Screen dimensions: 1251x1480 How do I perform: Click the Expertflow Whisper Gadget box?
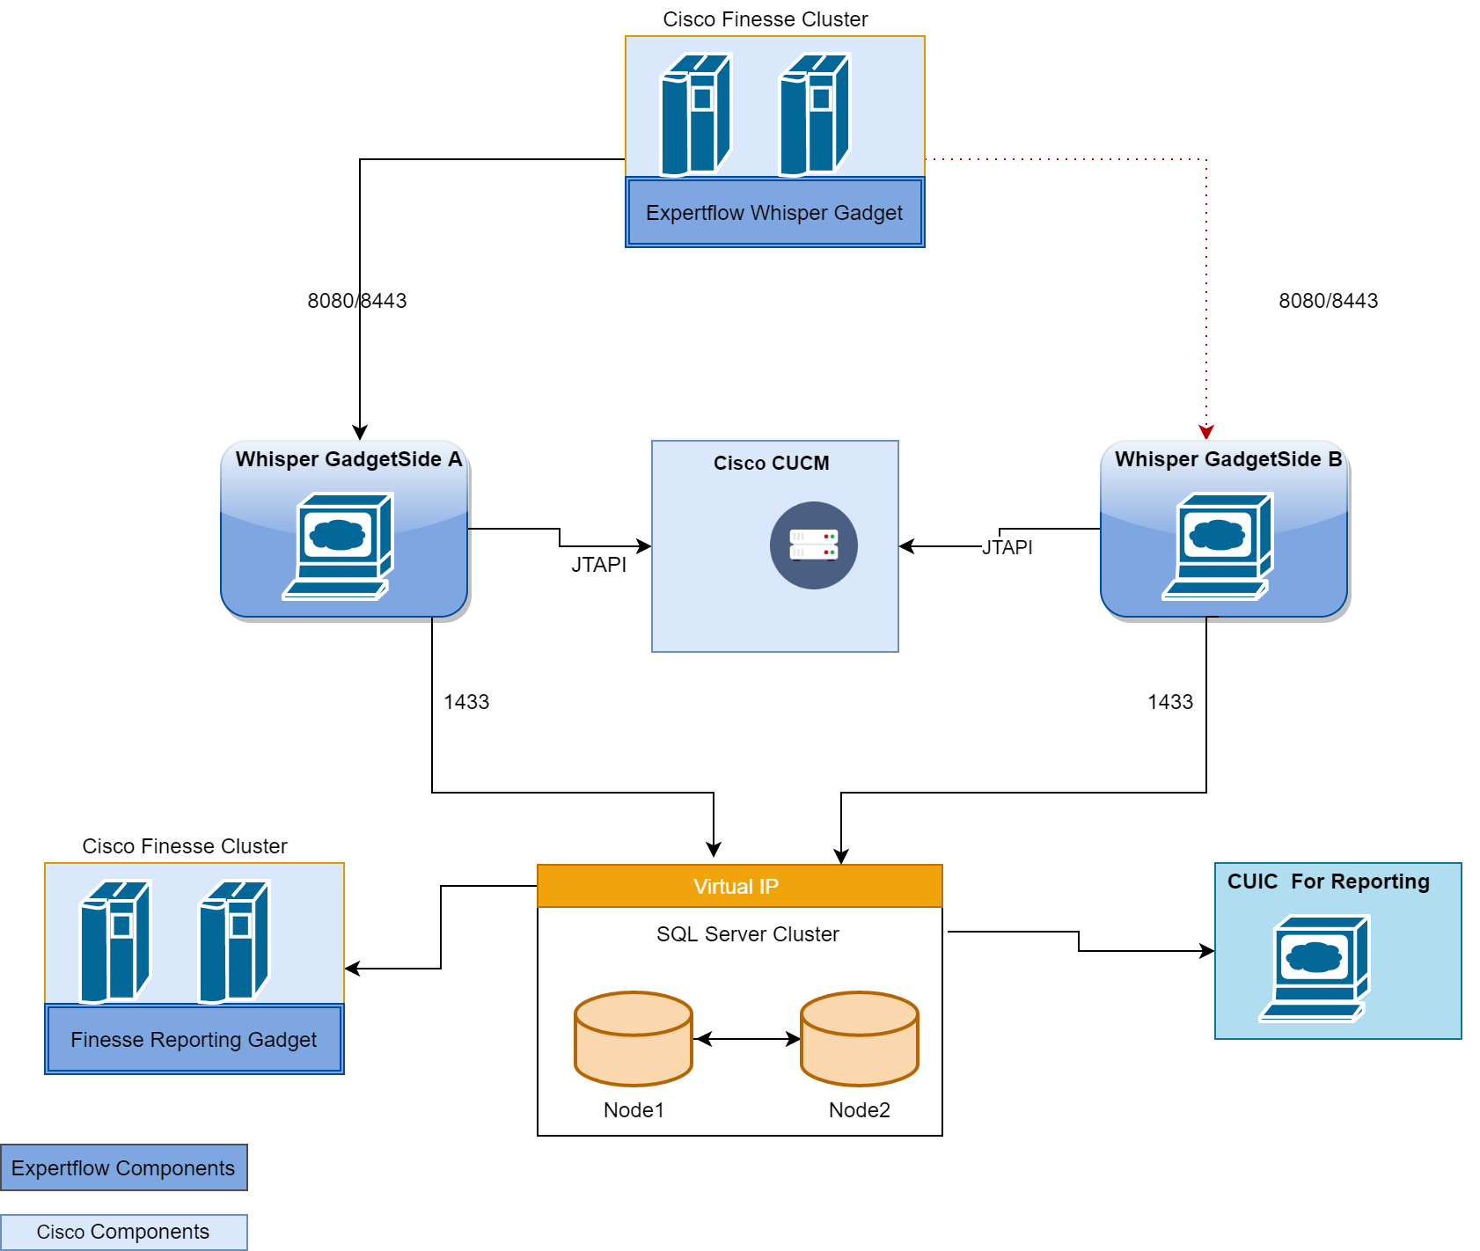click(774, 213)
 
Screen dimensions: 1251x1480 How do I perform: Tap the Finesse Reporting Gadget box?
click(194, 1040)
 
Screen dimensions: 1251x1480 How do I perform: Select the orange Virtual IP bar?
click(739, 886)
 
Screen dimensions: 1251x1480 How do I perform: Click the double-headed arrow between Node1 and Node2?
click(746, 1039)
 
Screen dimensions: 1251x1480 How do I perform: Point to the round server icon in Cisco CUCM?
click(813, 545)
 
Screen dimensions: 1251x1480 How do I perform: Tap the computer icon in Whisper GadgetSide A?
click(339, 545)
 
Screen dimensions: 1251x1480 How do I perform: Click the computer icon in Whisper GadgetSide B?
click(1219, 545)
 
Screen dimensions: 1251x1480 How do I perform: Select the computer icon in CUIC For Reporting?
click(1315, 968)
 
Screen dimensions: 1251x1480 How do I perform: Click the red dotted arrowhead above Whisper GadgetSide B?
click(1206, 432)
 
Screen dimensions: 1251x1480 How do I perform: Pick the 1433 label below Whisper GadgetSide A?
click(466, 702)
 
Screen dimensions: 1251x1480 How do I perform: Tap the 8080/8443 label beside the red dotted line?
click(1328, 301)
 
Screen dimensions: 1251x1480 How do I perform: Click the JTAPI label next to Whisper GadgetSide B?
click(1007, 547)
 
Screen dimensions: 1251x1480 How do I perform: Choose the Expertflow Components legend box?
click(123, 1167)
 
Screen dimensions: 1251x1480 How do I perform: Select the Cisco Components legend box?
click(123, 1232)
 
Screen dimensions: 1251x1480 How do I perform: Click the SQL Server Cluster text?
click(747, 934)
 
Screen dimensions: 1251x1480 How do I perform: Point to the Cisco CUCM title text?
click(771, 463)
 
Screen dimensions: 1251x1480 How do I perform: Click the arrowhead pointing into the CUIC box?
click(1207, 951)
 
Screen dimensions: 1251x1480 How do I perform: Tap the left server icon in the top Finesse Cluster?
click(695, 114)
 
